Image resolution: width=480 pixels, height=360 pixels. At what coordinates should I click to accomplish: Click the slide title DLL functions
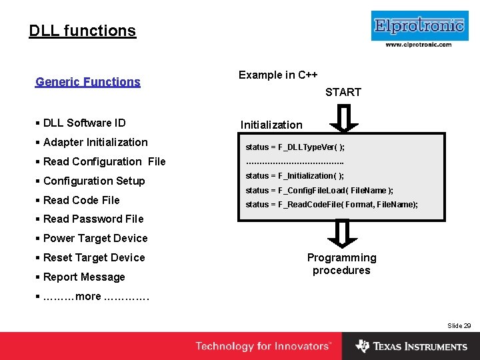coord(82,31)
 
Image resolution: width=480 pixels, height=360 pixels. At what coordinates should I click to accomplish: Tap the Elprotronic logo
coord(419,26)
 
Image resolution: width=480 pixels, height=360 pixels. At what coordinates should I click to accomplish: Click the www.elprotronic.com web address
coord(419,45)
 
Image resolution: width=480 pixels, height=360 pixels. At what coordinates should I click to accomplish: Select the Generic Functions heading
coord(87,82)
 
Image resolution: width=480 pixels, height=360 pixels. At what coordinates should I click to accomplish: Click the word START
coord(343,92)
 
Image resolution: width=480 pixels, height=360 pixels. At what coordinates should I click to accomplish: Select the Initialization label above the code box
coord(271,125)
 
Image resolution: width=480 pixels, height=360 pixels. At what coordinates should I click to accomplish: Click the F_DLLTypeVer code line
coord(295,147)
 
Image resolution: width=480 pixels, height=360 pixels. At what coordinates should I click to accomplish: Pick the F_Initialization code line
coord(295,176)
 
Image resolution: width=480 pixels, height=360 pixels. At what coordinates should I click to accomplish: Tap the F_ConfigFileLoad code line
coord(319,191)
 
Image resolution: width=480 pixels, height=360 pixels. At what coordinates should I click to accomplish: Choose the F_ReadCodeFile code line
coord(331,205)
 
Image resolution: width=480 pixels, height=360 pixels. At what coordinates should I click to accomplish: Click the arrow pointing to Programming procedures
coord(342,233)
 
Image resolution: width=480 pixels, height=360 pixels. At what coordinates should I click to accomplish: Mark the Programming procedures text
coord(341,264)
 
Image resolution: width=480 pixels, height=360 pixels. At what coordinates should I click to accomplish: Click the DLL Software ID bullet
coord(84,123)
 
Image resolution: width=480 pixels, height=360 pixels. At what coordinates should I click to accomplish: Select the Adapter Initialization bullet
coord(95,142)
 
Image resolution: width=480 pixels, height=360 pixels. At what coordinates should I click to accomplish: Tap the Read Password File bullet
coord(93,219)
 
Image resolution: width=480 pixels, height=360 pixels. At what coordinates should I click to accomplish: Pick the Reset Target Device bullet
coord(93,257)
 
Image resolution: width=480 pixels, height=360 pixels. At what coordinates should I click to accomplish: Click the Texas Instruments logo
coord(411,346)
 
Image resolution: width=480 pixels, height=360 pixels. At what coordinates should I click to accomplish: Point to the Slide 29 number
coord(459,325)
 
